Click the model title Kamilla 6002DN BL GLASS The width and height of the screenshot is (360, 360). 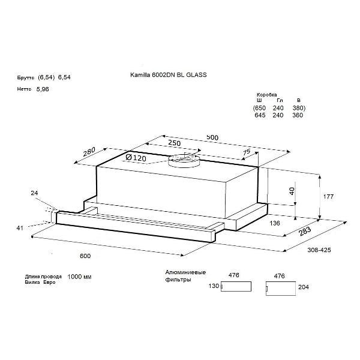[x=168, y=75]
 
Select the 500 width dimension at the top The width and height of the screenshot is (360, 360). [x=212, y=137]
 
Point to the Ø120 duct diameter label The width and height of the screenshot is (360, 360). [x=136, y=157]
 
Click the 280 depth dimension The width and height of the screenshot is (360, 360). [x=89, y=152]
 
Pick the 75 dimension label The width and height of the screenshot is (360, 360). [x=247, y=152]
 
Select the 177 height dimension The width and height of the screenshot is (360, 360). [x=328, y=197]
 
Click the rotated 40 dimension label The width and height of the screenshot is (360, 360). [x=292, y=191]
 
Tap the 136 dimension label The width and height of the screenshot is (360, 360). [x=275, y=223]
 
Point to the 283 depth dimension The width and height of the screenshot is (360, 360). [x=305, y=231]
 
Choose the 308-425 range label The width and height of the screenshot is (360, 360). [x=319, y=250]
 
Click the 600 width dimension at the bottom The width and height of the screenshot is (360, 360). [x=85, y=256]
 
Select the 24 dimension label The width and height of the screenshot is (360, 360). [x=34, y=193]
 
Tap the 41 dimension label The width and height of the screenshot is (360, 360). [x=20, y=228]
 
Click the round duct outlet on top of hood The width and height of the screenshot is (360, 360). [x=184, y=160]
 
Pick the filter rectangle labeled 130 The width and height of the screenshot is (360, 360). [x=236, y=286]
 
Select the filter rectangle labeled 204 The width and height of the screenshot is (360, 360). [x=281, y=288]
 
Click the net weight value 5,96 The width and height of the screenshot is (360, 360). [x=43, y=89]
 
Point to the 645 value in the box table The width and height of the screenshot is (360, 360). [x=260, y=115]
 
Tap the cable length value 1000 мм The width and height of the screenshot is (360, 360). [x=79, y=277]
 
